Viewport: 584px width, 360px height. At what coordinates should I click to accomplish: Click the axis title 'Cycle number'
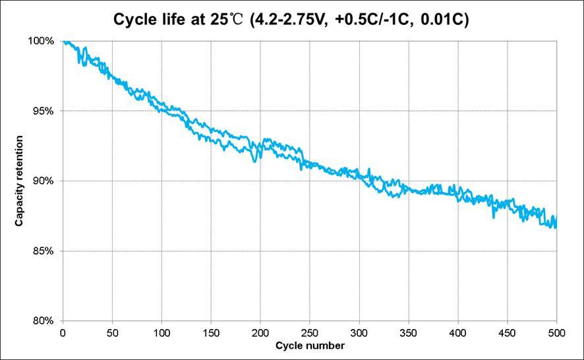click(309, 345)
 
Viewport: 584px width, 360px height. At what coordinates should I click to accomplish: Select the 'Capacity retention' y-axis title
click(20, 181)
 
